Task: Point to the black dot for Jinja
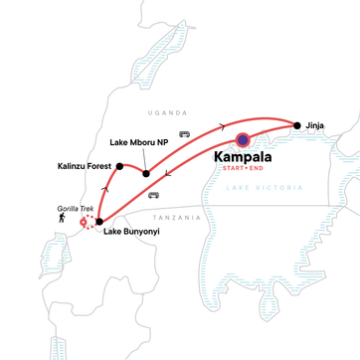(296, 125)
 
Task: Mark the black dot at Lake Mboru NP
(146, 174)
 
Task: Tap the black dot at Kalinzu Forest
(118, 166)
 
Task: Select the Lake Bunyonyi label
(135, 234)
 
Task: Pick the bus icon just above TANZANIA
(153, 195)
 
